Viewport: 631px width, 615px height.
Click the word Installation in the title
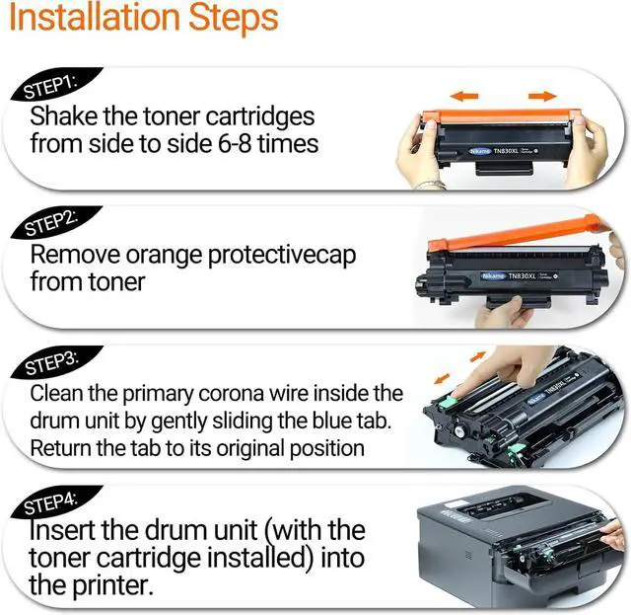click(95, 17)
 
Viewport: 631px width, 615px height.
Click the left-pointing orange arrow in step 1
click(464, 96)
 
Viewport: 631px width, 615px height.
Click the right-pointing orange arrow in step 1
click(542, 96)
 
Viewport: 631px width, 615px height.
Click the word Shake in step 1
click(63, 116)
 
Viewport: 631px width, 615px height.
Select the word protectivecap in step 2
click(282, 257)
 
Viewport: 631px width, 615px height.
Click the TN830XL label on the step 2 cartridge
click(522, 276)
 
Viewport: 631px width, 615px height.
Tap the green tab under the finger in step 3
click(449, 402)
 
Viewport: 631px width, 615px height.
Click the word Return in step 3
click(61, 448)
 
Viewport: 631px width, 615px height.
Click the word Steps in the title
click(234, 19)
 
